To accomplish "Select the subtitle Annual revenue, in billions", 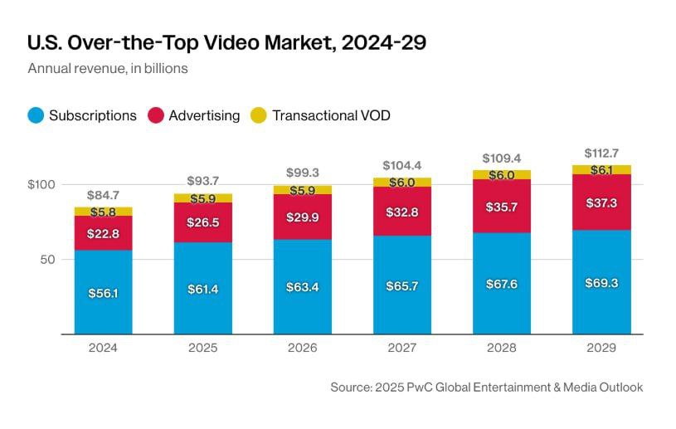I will [108, 68].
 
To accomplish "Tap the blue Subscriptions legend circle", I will [35, 115].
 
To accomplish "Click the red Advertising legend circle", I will [155, 115].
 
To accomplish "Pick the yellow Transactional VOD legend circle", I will [259, 115].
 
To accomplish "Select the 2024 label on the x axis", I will [103, 349].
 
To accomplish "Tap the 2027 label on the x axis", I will [401, 349].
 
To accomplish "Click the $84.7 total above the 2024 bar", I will [103, 196].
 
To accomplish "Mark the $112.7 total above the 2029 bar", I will [601, 153].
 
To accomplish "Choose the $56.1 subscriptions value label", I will [103, 293].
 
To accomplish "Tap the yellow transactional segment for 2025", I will [202, 198].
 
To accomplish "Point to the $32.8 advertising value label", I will [401, 212].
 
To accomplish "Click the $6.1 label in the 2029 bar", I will [601, 169].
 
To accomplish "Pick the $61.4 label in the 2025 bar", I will [202, 288].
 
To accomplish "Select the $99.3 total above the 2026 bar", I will [302, 173].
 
